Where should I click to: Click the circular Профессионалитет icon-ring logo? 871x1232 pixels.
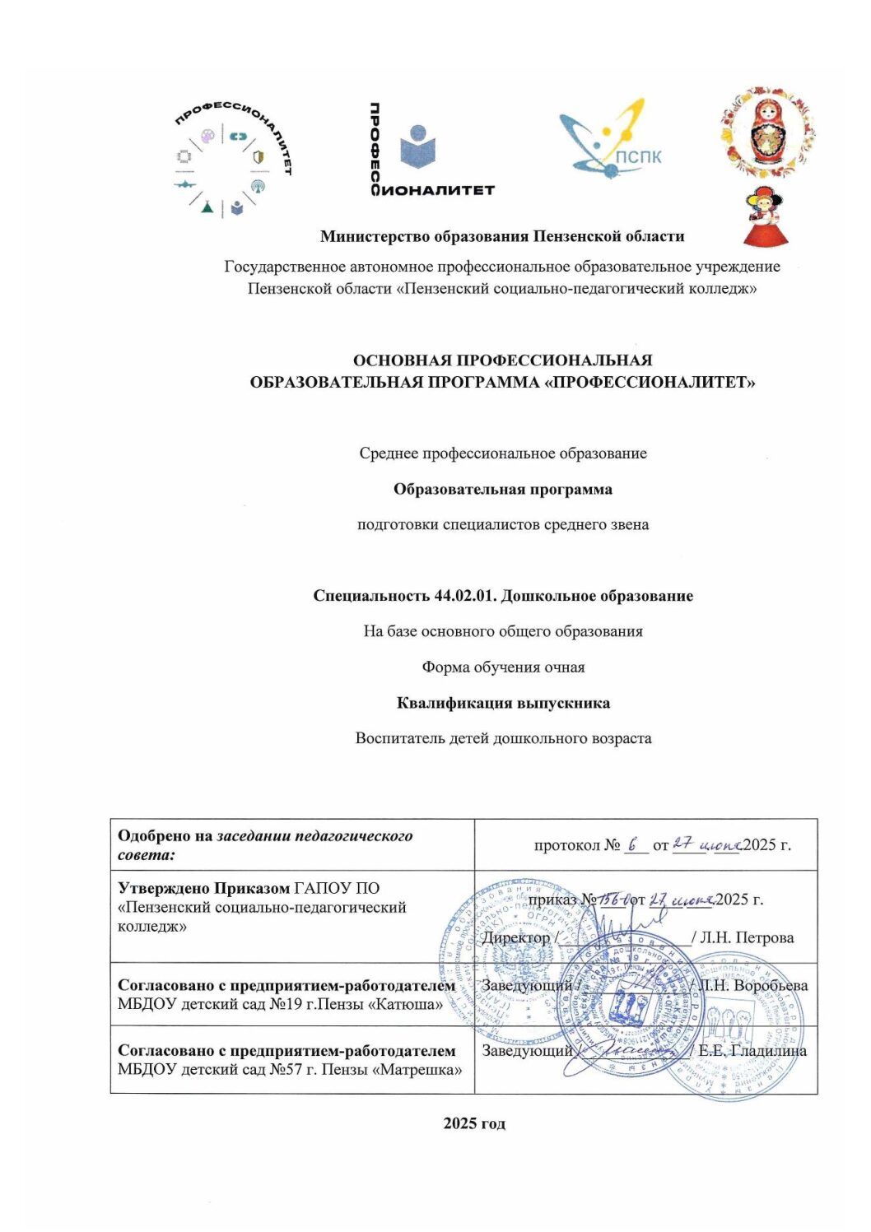tap(233, 161)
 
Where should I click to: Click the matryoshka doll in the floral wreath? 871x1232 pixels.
tap(768, 132)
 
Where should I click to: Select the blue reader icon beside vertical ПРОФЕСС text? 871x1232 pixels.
tap(417, 147)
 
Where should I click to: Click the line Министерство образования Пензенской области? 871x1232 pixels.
tap(502, 237)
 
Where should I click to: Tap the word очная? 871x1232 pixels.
tap(564, 667)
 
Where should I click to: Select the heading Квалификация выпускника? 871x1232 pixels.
tap(503, 703)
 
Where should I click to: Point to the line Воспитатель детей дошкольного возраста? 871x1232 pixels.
tap(503, 738)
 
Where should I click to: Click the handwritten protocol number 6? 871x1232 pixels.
tap(632, 844)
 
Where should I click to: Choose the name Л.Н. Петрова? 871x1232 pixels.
tap(747, 937)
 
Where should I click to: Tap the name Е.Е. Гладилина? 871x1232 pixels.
tap(752, 1051)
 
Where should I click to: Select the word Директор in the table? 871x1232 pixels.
tap(516, 937)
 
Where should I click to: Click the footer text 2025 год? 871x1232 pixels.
tap(474, 1123)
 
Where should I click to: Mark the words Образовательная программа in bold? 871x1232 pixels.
tap(502, 490)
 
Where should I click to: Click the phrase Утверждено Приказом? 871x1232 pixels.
tap(203, 888)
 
